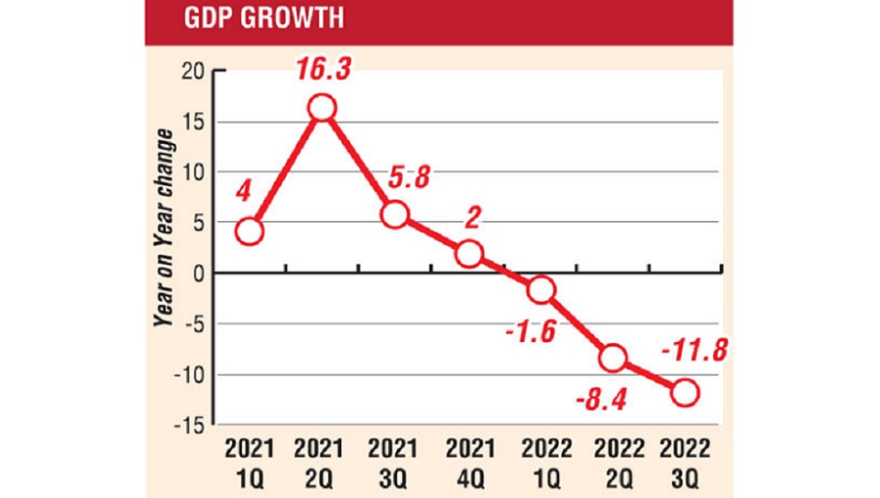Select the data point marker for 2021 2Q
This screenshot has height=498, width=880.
pyautogui.click(x=322, y=108)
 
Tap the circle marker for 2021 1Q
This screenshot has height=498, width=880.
pyautogui.click(x=249, y=231)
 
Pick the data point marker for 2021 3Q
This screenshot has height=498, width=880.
pyautogui.click(x=395, y=215)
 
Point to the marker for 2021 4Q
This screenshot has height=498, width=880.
pyautogui.click(x=467, y=253)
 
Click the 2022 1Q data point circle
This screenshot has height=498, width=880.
pyautogui.click(x=541, y=290)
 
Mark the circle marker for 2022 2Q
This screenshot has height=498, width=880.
pyautogui.click(x=613, y=359)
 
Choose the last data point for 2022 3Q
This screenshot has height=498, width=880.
pyautogui.click(x=685, y=393)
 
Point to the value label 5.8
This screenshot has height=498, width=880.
pyautogui.click(x=408, y=178)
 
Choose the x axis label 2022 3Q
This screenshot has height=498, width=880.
pyautogui.click(x=685, y=464)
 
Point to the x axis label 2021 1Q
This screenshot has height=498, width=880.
pyautogui.click(x=249, y=464)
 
